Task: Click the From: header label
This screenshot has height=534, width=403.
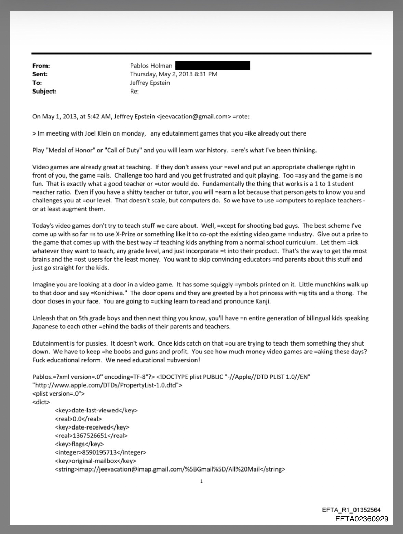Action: click(x=41, y=66)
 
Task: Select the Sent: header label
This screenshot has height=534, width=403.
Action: click(x=40, y=74)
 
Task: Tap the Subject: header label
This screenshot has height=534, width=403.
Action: click(x=44, y=91)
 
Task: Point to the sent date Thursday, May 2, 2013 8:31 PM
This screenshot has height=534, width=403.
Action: click(x=174, y=74)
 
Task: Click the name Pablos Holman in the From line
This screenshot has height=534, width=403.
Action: click(x=151, y=66)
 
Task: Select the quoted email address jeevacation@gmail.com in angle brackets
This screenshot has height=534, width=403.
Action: click(x=192, y=116)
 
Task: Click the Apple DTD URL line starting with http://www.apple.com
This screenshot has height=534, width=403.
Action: click(x=107, y=385)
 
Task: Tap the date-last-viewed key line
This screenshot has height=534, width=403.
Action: click(x=96, y=410)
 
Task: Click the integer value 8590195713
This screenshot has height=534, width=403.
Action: click(x=100, y=452)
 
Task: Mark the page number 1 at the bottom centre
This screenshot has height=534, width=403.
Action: click(x=201, y=481)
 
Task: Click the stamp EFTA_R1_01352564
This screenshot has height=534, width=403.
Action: click(x=351, y=510)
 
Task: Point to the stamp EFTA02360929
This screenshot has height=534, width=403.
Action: click(x=362, y=519)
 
